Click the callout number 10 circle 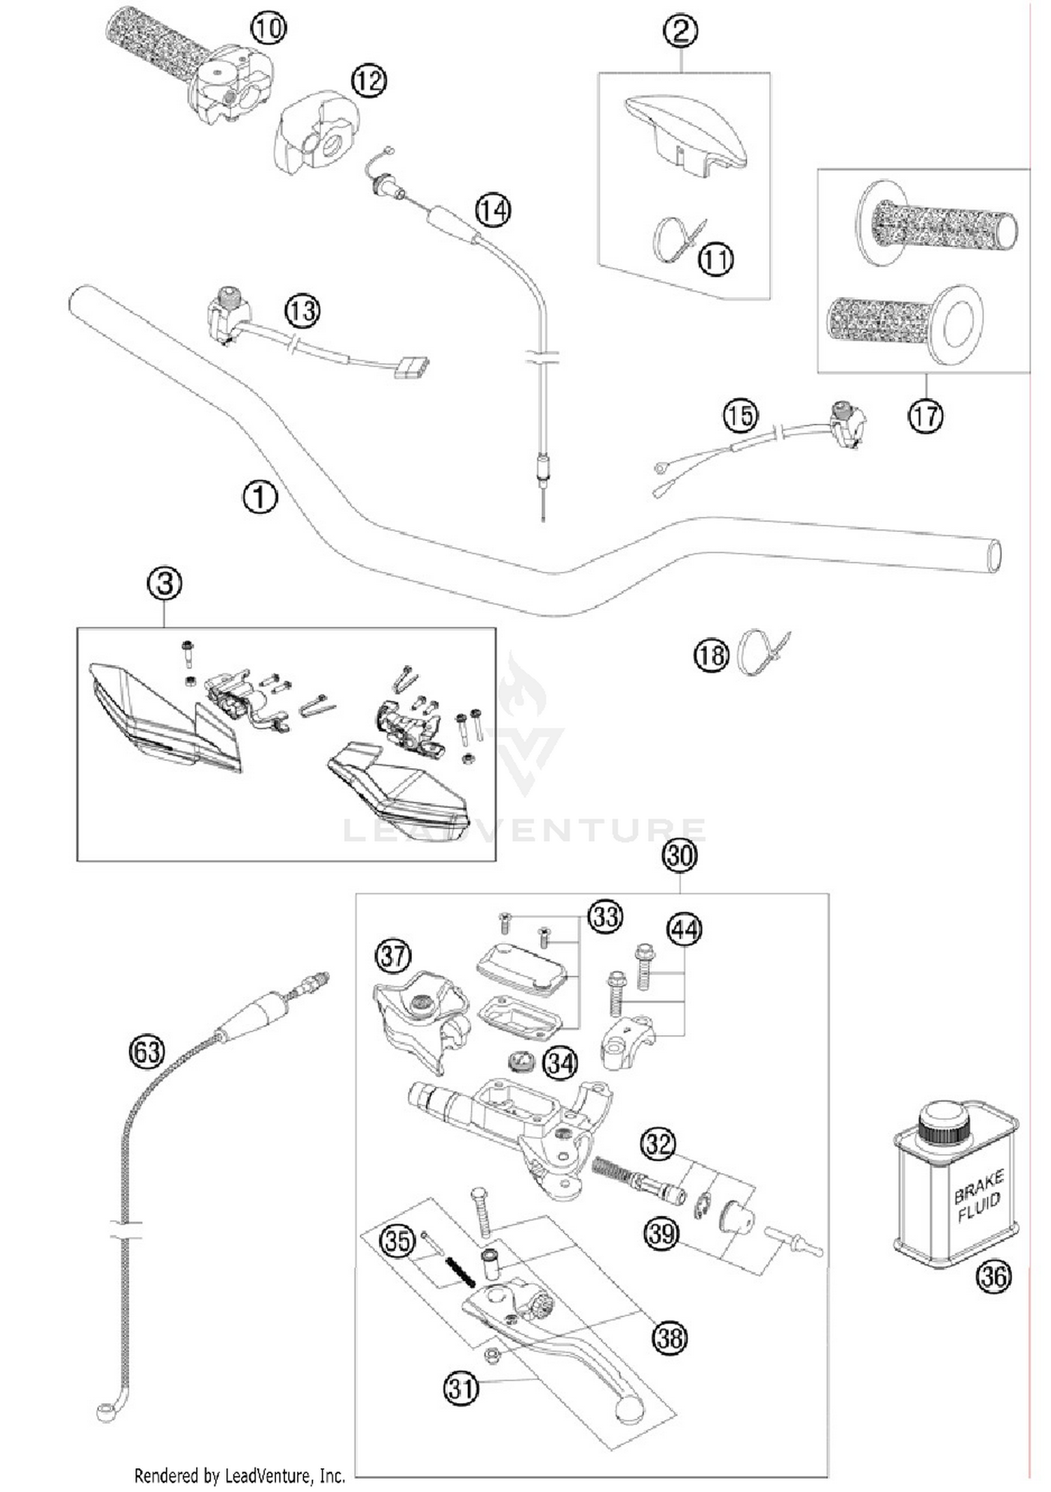[x=268, y=29]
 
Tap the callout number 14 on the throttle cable [x=493, y=210]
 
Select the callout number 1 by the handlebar [x=260, y=497]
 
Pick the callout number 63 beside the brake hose [x=147, y=1052]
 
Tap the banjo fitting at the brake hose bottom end [x=107, y=1411]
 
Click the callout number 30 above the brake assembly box [x=680, y=856]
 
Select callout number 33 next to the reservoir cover [x=605, y=916]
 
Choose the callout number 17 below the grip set [x=925, y=416]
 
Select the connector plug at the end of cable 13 [x=411, y=367]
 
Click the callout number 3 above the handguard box [x=165, y=583]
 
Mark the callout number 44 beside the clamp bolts [x=685, y=930]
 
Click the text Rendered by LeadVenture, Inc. [x=240, y=1476]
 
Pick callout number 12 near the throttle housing [x=369, y=81]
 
